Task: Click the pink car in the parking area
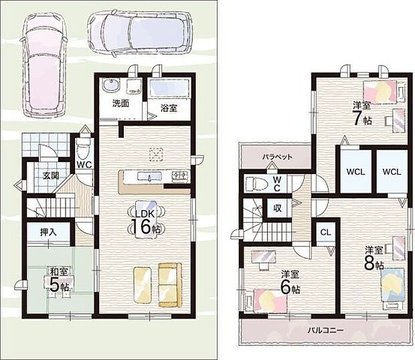click(45, 65)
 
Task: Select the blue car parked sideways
click(140, 33)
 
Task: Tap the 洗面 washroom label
click(120, 104)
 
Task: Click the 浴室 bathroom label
click(169, 108)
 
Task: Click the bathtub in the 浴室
click(169, 88)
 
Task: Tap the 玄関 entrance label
click(51, 175)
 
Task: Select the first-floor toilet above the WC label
click(84, 149)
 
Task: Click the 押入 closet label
click(48, 232)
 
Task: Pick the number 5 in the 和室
click(54, 284)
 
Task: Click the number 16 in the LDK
click(141, 226)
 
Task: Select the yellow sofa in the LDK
click(170, 284)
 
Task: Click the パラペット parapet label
click(278, 157)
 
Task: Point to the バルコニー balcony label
click(325, 330)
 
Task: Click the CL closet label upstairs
click(325, 232)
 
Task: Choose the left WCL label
click(356, 172)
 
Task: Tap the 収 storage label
click(277, 208)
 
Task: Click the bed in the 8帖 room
click(393, 288)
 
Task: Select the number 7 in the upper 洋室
click(356, 118)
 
